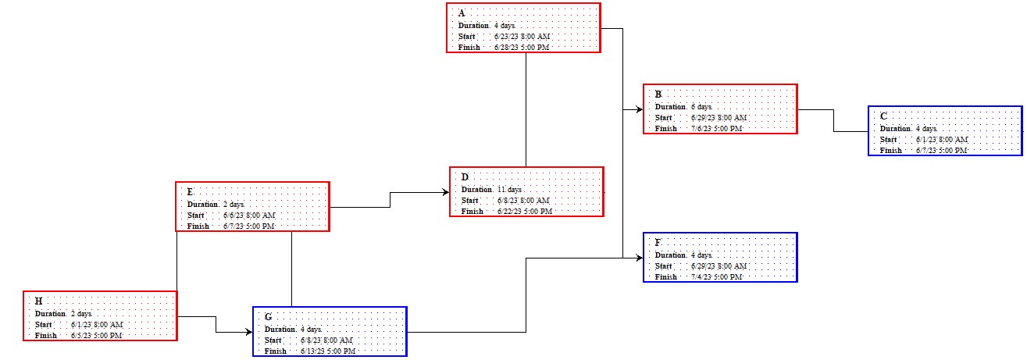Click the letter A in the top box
[x=462, y=13]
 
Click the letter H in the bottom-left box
[x=38, y=301]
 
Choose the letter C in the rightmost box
[x=883, y=116]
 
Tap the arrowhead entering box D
[x=446, y=191]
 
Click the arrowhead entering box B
[x=640, y=109]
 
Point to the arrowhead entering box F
[x=640, y=257]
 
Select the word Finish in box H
[x=46, y=336]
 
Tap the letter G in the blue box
[x=268, y=317]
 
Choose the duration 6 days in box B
[x=701, y=106]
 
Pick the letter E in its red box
[x=190, y=192]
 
